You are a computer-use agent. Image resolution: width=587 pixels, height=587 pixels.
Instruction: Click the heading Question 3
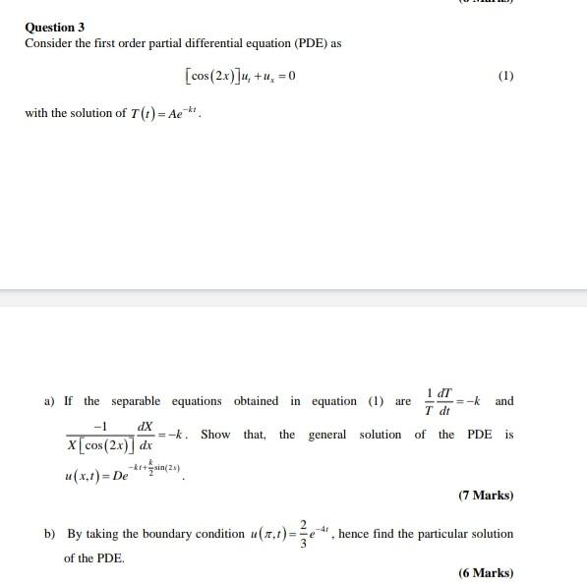(x=55, y=28)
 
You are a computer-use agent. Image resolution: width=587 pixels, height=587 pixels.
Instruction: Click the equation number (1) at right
(x=505, y=76)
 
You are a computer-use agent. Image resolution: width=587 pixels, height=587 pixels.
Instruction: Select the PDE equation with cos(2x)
(x=240, y=76)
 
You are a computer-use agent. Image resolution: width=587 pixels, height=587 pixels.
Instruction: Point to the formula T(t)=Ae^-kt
(x=165, y=113)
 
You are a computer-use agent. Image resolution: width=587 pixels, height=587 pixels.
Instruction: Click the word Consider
(x=49, y=44)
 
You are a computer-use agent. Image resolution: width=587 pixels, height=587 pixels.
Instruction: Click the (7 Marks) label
(x=486, y=496)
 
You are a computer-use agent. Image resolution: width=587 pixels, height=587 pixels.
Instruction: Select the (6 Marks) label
(x=486, y=573)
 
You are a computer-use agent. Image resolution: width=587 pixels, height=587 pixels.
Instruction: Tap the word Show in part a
(x=215, y=435)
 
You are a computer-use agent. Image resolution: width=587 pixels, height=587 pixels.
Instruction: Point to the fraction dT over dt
(x=439, y=401)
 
